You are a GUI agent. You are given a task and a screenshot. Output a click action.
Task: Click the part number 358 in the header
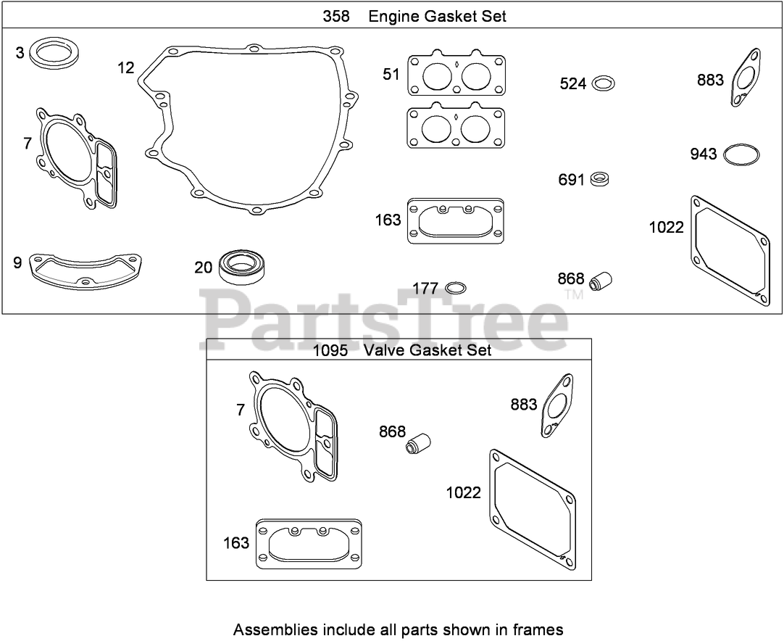pyautogui.click(x=336, y=17)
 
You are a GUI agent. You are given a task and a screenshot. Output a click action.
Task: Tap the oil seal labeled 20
pyautogui.click(x=243, y=268)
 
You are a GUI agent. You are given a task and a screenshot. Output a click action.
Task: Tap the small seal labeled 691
pyautogui.click(x=599, y=179)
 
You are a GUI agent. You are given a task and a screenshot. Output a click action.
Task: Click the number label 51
pyautogui.click(x=391, y=75)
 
